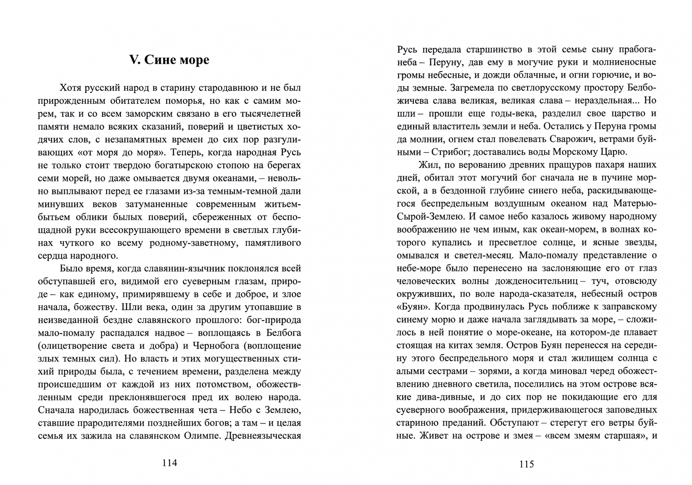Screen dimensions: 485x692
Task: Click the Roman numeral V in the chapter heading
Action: [x=134, y=60]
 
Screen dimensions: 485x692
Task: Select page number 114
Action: [x=169, y=463]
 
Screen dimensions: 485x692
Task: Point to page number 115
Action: [x=526, y=464]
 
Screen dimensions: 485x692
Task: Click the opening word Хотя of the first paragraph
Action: [x=71, y=88]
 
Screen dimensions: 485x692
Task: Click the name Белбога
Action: [x=284, y=333]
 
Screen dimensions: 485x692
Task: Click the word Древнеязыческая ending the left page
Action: [x=263, y=436]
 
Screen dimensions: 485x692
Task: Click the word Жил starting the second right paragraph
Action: [x=426, y=165]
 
